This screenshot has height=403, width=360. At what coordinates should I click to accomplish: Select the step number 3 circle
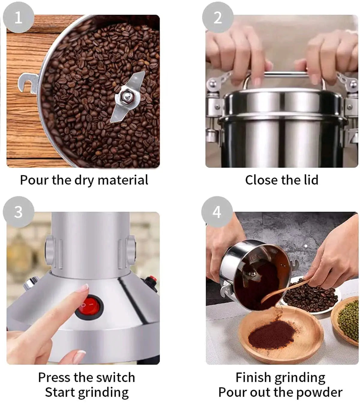pos(18,212)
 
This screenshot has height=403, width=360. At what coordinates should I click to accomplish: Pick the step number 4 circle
pos(217,212)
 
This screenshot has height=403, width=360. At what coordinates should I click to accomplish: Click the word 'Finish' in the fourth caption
pos(253,377)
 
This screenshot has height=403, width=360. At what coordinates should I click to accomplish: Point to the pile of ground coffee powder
pos(271,333)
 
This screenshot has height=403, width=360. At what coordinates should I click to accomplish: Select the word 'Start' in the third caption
pos(60,392)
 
